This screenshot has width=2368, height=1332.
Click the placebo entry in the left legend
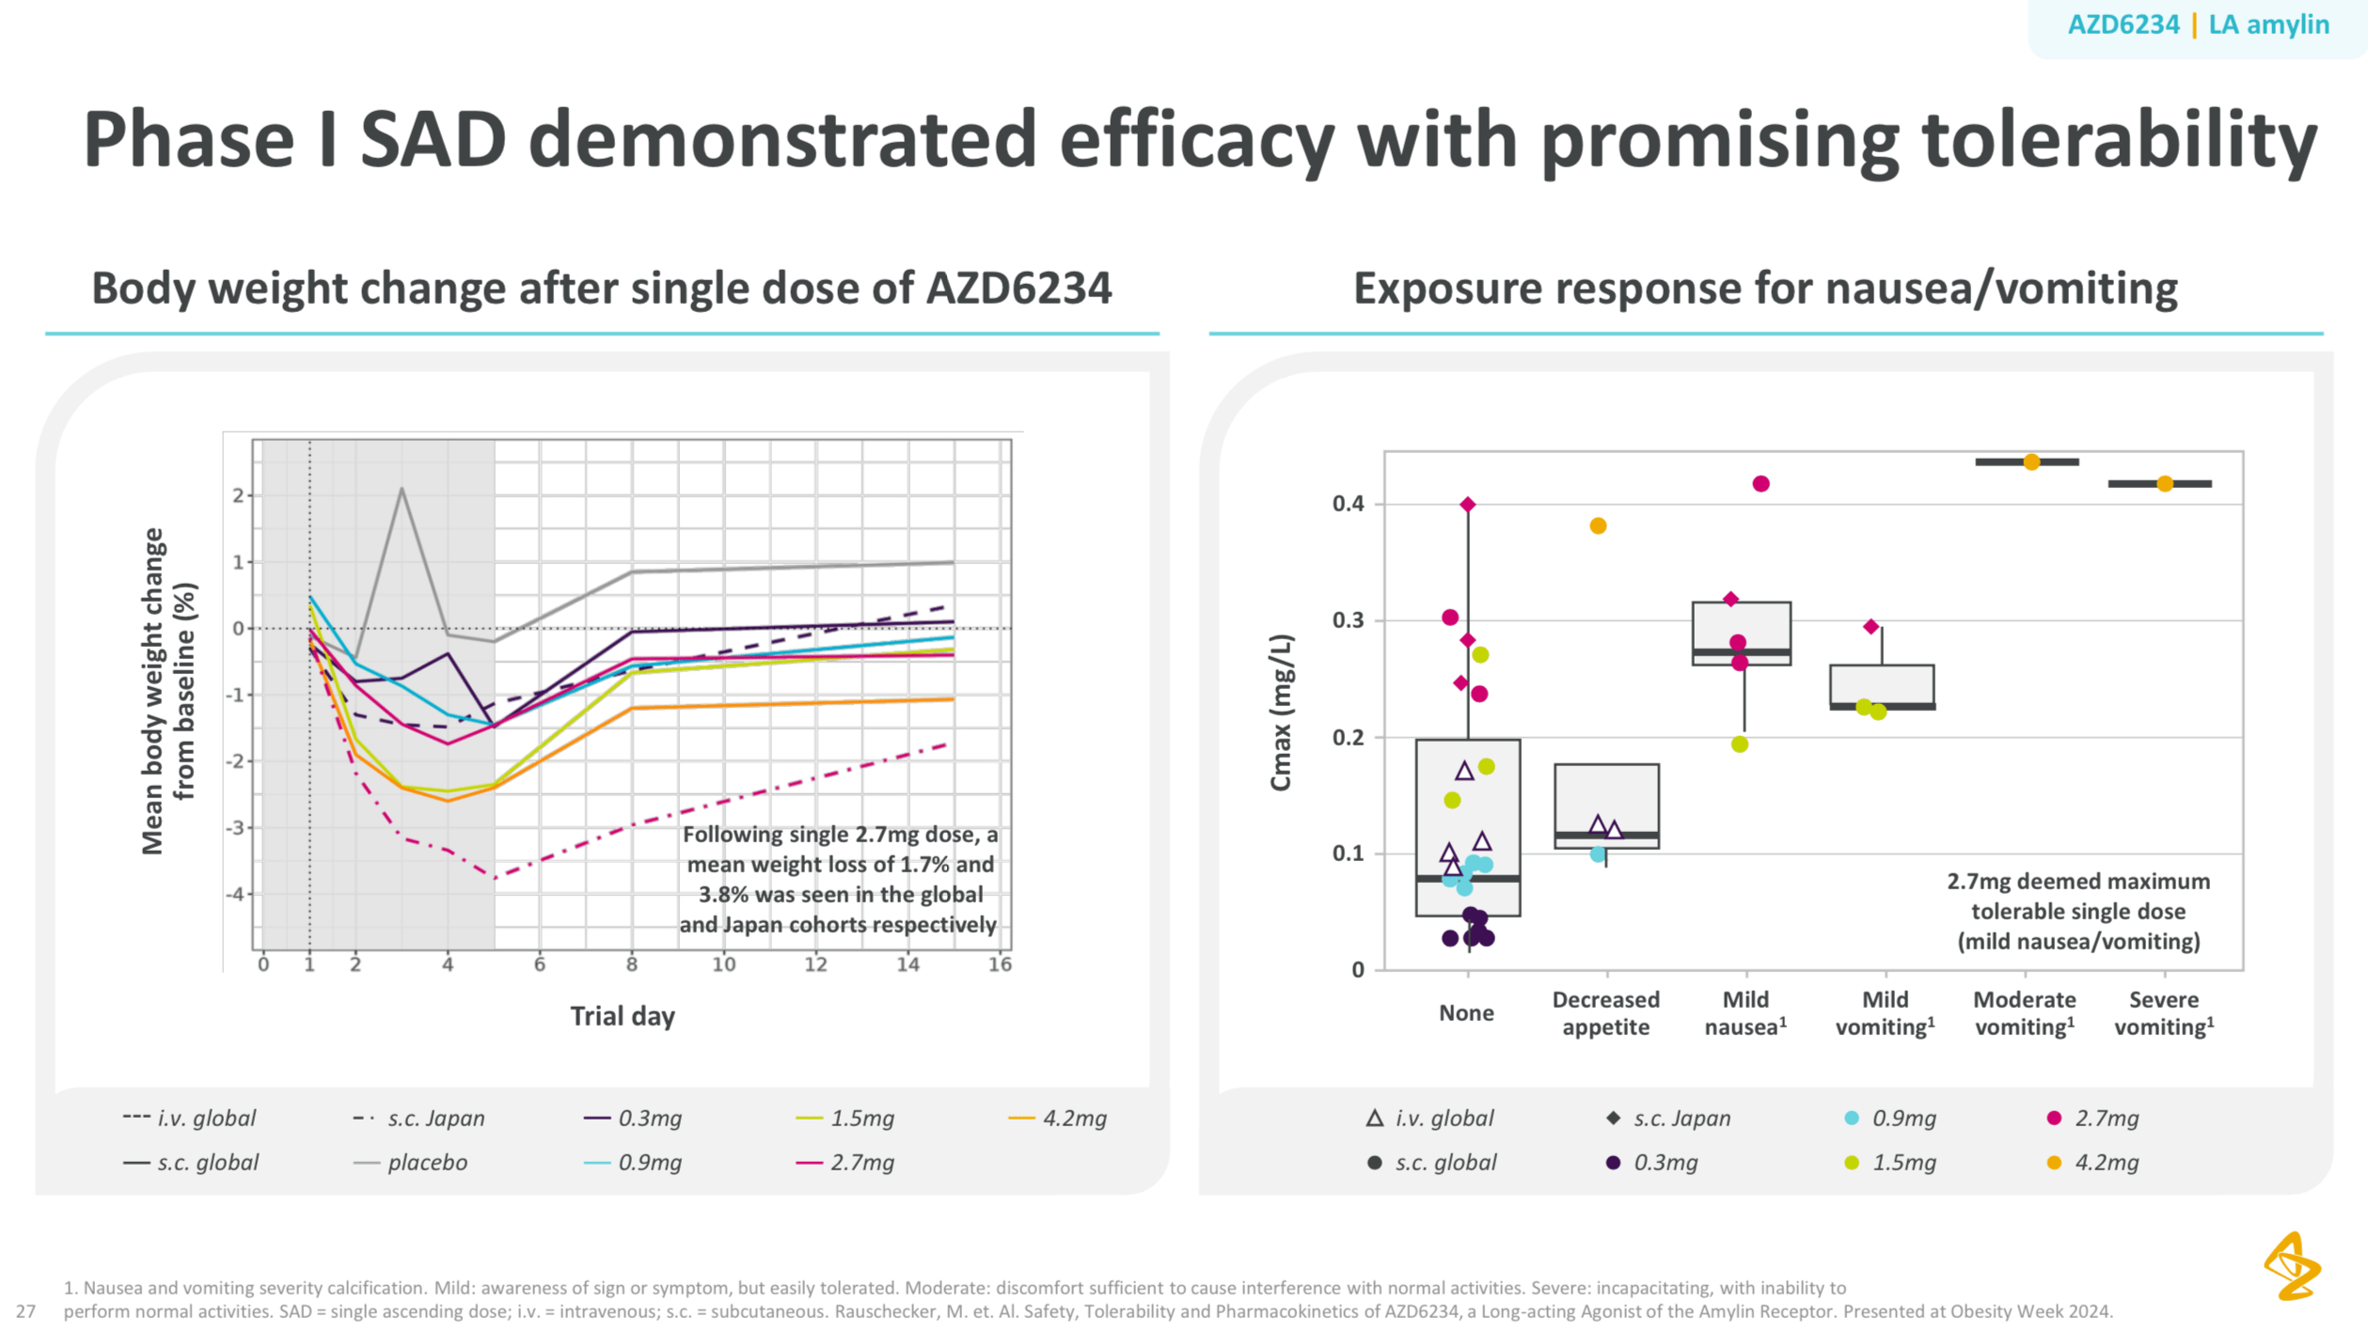(426, 1162)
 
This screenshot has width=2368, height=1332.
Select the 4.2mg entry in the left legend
(1073, 1118)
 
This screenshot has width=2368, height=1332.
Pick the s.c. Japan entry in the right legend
(1681, 1118)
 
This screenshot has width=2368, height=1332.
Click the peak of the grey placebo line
(402, 489)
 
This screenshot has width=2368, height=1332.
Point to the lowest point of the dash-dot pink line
(495, 877)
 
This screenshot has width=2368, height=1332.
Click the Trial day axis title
(622, 1016)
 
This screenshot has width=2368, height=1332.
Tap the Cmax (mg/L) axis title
(1281, 713)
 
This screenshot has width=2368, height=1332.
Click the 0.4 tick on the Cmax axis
(1348, 504)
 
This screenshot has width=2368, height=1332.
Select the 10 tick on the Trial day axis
(723, 964)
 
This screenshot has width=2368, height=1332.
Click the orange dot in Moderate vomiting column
(2031, 462)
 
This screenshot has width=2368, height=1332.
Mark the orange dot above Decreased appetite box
(1598, 525)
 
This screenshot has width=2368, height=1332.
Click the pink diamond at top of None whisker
(1468, 505)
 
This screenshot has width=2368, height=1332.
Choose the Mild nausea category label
(1745, 1012)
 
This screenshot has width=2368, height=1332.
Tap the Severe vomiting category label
(2163, 1012)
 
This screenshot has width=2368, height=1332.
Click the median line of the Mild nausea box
(1741, 651)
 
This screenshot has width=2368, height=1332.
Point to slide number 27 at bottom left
(25, 1310)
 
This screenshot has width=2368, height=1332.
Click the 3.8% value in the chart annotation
(722, 894)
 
